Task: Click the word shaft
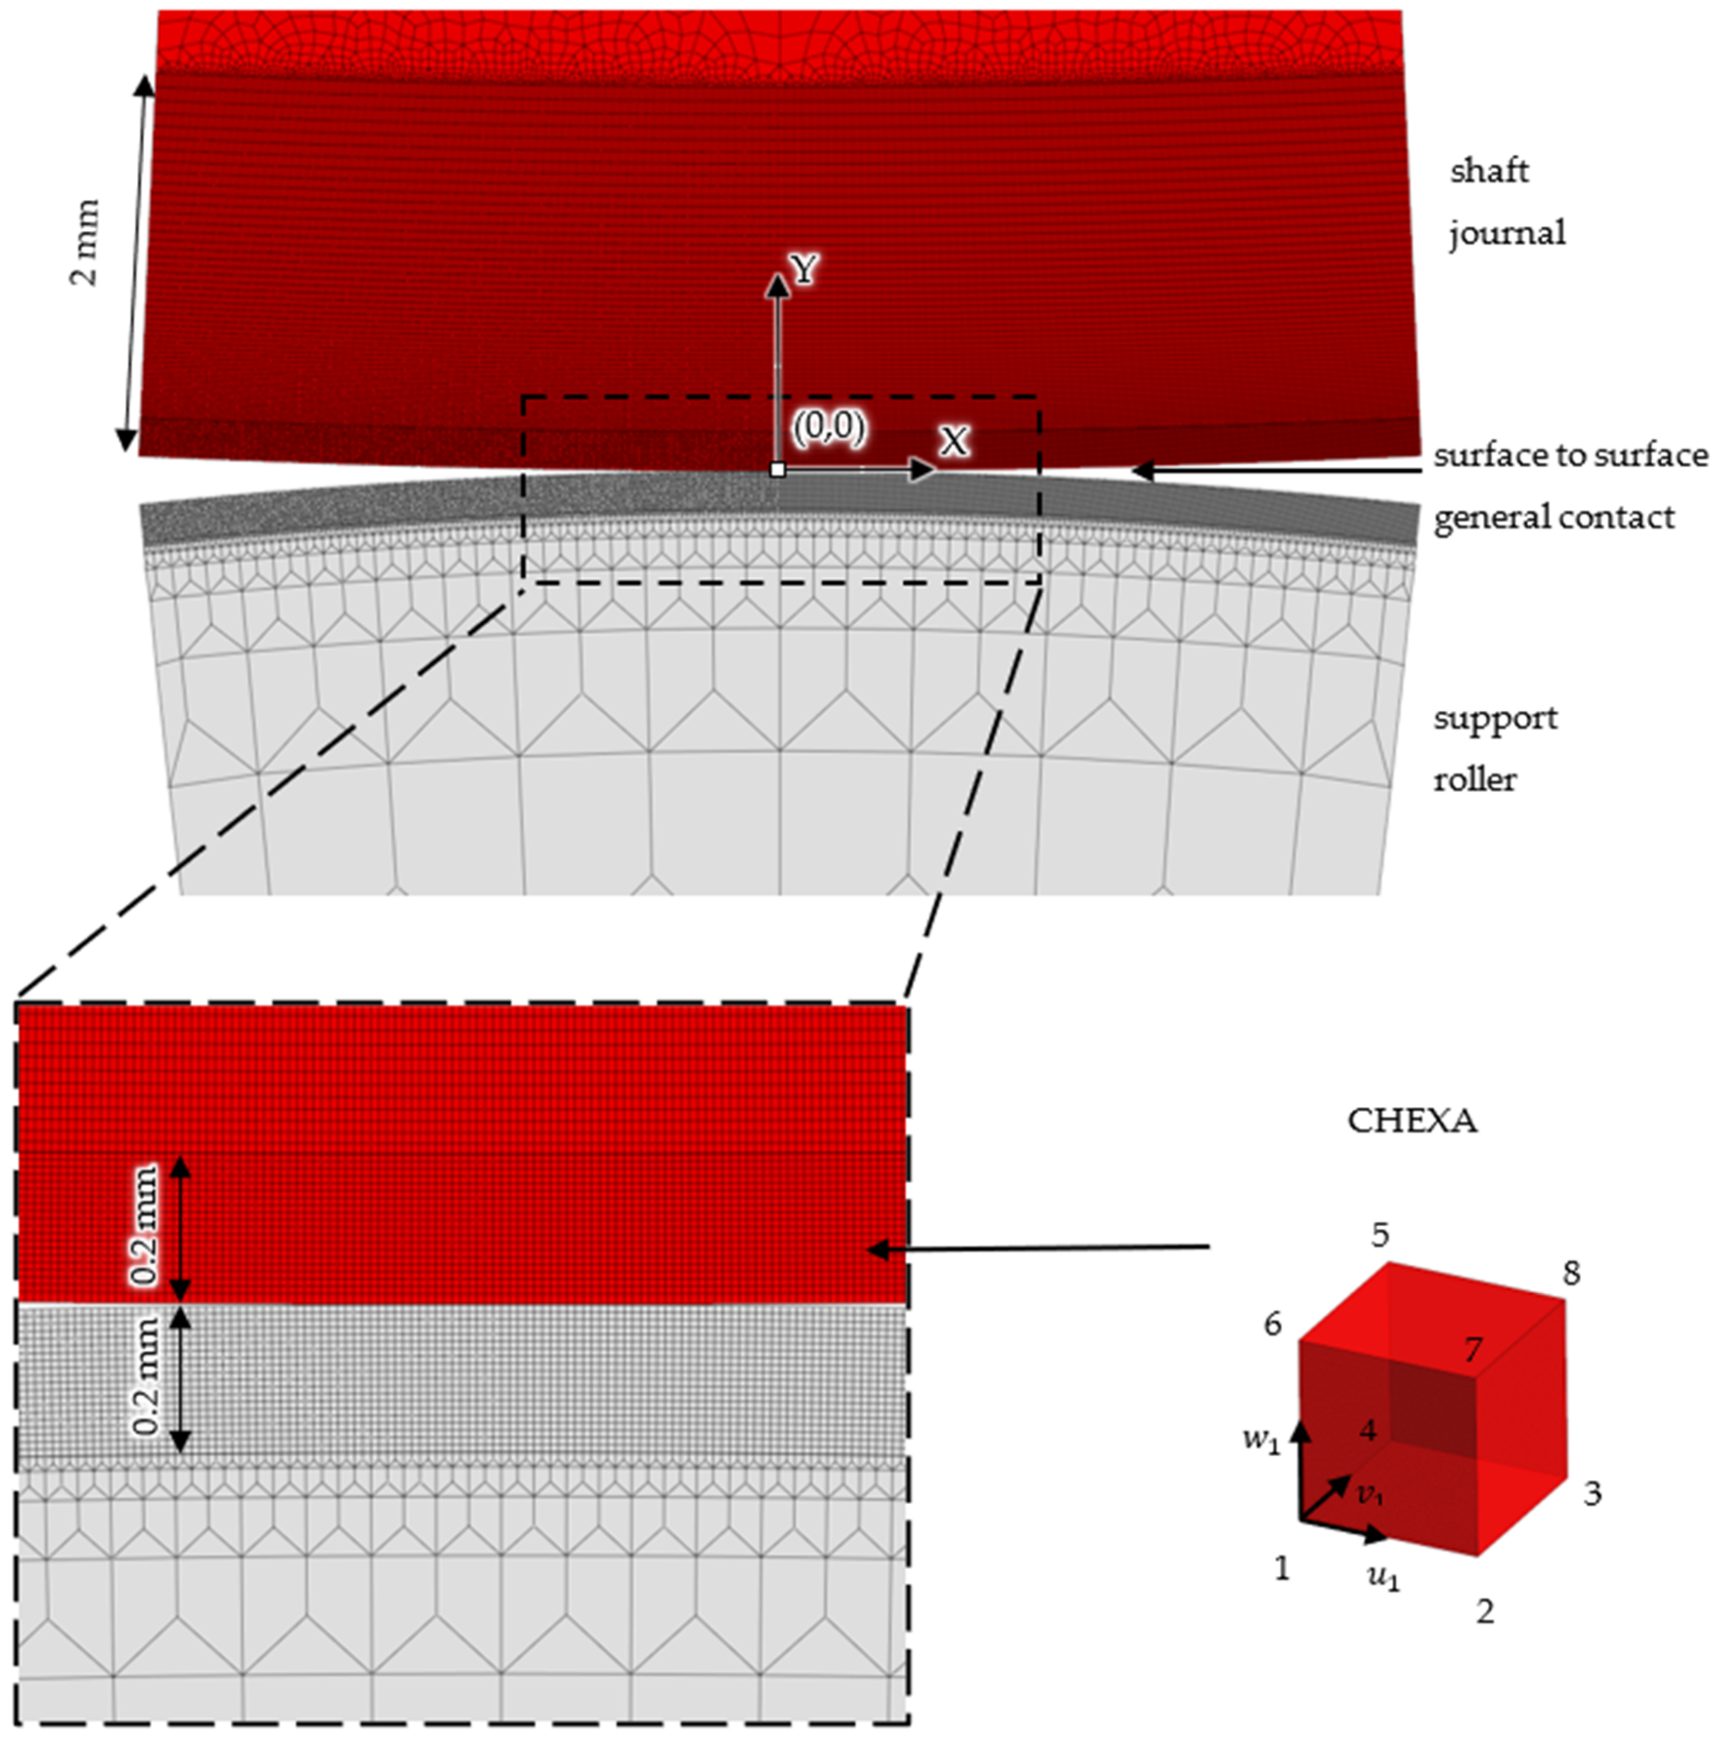1489,170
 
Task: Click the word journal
1507,233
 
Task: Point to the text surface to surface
1570,456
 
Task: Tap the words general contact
1554,518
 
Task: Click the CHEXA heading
1411,1121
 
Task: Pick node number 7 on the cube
1471,1349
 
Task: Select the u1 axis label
1383,1578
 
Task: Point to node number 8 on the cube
1571,1273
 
